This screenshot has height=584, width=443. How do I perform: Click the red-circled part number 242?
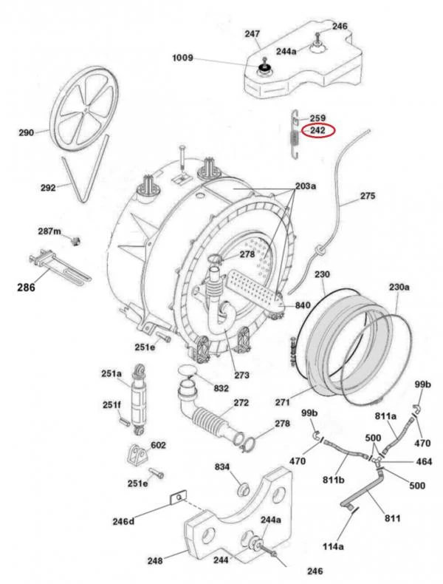[x=317, y=130]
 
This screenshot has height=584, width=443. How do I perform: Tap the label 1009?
[x=182, y=58]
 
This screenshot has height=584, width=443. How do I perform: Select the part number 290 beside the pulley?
[x=27, y=132]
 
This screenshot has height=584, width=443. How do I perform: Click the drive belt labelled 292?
[x=85, y=169]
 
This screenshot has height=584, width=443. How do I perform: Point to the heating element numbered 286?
[x=60, y=265]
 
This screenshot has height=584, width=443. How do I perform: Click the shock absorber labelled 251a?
[x=138, y=399]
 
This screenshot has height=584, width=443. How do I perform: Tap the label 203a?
[x=306, y=186]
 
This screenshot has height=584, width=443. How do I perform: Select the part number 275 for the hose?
[x=368, y=196]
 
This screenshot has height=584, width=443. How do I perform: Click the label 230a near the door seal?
[x=399, y=287]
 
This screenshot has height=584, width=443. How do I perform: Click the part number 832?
[x=221, y=388]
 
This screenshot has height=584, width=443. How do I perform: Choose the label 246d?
[x=123, y=521]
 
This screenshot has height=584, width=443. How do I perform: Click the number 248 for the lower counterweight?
[x=155, y=560]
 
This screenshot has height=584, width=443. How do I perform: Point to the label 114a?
[x=333, y=546]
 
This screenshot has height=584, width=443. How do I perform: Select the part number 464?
[x=424, y=462]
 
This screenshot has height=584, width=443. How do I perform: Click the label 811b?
[x=334, y=480]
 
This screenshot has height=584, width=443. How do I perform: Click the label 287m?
[x=49, y=231]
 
